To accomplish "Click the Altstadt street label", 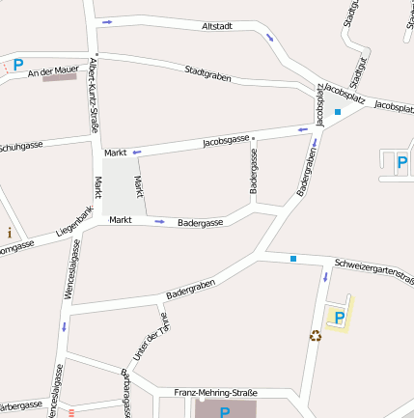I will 217,26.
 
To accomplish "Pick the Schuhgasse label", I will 20,146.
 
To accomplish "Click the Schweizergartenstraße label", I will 373,265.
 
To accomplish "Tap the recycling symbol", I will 315,336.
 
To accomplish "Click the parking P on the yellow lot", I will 339,317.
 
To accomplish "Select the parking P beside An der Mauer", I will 17,66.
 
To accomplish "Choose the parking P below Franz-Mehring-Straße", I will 225,412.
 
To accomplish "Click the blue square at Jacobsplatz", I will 337,112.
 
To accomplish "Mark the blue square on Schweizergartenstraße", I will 292,258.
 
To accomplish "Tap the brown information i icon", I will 10,232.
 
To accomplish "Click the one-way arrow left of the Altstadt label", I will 106,20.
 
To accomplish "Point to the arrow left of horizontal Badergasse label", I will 159,221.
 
